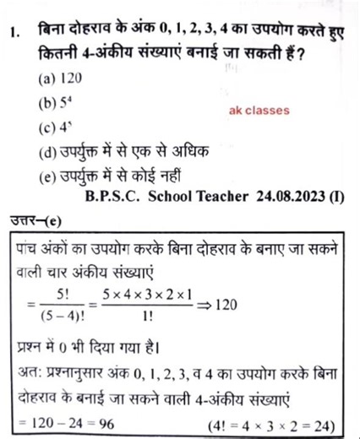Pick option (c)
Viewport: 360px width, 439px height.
pyautogui.click(x=50, y=129)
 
